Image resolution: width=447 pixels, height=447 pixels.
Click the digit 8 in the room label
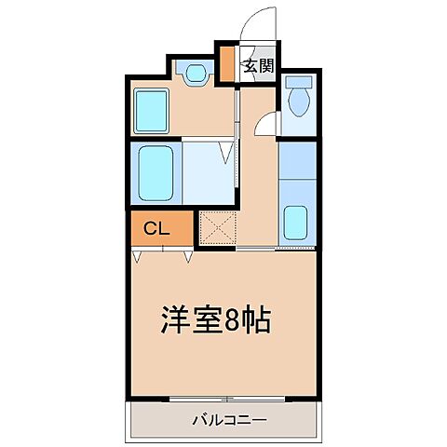235,321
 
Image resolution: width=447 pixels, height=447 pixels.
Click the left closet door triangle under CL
140,254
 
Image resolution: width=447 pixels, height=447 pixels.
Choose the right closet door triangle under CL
187,254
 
